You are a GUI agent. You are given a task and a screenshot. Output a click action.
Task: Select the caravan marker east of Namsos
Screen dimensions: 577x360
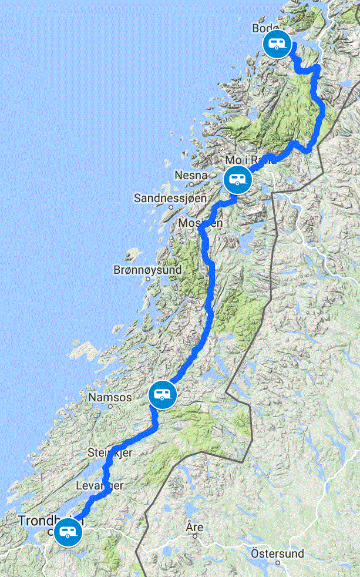(x=162, y=394)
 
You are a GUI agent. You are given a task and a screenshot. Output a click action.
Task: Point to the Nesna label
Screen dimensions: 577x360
(x=191, y=175)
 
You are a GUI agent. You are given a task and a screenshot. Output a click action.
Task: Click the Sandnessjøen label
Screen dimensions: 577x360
(x=170, y=198)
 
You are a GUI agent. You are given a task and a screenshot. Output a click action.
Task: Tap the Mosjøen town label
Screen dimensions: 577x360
(x=201, y=223)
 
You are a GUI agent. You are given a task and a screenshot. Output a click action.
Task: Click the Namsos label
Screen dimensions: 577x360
(x=110, y=398)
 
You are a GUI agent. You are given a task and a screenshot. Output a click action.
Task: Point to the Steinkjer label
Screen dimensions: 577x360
(x=110, y=452)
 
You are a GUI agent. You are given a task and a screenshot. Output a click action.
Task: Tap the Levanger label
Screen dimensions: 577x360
(x=99, y=486)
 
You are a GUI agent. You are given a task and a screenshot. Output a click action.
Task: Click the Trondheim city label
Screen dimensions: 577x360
(x=51, y=521)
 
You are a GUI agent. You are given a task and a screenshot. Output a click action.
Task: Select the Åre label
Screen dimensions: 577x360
(x=194, y=526)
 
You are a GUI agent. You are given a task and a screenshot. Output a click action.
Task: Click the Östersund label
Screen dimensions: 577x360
(x=277, y=553)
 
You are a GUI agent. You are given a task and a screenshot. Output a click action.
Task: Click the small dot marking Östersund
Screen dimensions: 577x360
(x=277, y=562)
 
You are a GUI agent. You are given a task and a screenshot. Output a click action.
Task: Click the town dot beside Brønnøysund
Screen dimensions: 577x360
(x=148, y=279)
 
